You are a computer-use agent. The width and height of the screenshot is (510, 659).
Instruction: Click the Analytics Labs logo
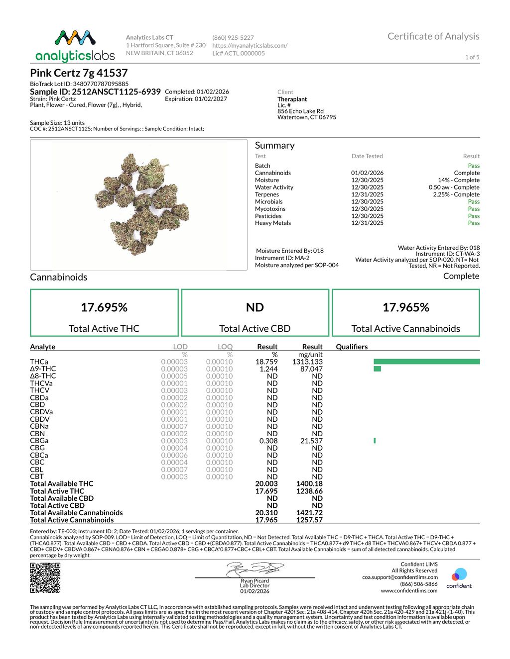click(x=75, y=46)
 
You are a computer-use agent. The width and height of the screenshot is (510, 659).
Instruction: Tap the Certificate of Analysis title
click(x=433, y=36)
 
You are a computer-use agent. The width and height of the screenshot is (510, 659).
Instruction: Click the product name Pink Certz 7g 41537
click(x=79, y=73)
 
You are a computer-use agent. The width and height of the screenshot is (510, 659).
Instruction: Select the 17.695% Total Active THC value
click(x=104, y=307)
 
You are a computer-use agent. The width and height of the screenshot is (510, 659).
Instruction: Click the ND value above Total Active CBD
click(x=255, y=307)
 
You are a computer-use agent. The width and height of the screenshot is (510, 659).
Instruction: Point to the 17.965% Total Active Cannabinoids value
click(x=405, y=307)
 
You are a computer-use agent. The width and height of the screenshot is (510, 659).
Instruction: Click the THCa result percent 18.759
click(x=266, y=362)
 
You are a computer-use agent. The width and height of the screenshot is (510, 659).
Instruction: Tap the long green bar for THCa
click(x=426, y=362)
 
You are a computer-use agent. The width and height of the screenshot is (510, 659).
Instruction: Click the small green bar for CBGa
click(x=375, y=441)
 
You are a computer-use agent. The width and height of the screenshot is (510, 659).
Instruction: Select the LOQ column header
click(x=225, y=347)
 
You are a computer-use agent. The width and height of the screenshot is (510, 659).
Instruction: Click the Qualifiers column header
click(x=352, y=347)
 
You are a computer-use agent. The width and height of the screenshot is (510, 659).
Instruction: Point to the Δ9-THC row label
click(x=43, y=369)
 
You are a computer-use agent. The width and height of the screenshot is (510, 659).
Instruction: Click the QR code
click(x=45, y=577)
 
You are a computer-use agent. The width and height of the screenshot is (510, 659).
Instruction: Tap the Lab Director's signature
click(x=255, y=569)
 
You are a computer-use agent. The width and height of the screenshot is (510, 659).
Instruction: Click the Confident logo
click(x=459, y=578)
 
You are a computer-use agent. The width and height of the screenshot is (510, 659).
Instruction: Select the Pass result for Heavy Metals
click(x=474, y=223)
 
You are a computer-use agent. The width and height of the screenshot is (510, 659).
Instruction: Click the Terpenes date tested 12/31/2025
click(x=367, y=194)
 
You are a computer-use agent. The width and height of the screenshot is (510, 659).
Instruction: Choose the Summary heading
click(x=274, y=145)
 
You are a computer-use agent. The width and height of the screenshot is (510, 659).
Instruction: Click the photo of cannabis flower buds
click(x=139, y=204)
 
